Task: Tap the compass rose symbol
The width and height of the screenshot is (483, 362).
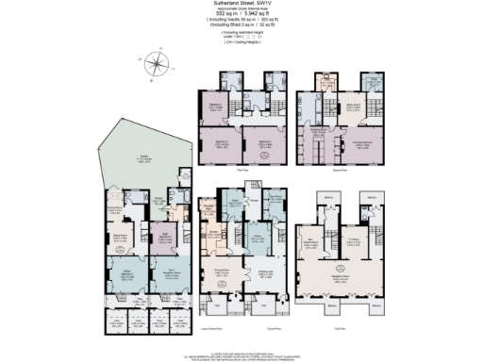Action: point(158,65)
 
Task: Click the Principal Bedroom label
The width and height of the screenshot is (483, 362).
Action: point(358,142)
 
